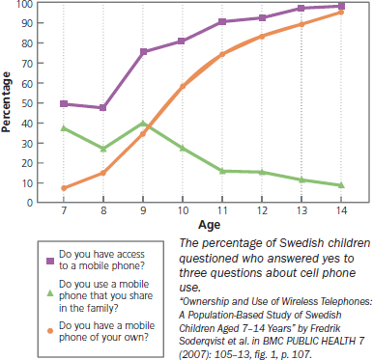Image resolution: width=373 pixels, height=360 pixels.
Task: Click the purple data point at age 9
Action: [x=143, y=51]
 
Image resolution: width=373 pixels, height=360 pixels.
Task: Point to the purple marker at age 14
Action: [x=339, y=6]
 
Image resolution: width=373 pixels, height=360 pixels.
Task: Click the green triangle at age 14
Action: [x=339, y=184]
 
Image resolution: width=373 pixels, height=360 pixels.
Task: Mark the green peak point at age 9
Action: [x=143, y=123]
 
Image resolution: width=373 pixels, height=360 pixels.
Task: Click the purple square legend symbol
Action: [x=21, y=260]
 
